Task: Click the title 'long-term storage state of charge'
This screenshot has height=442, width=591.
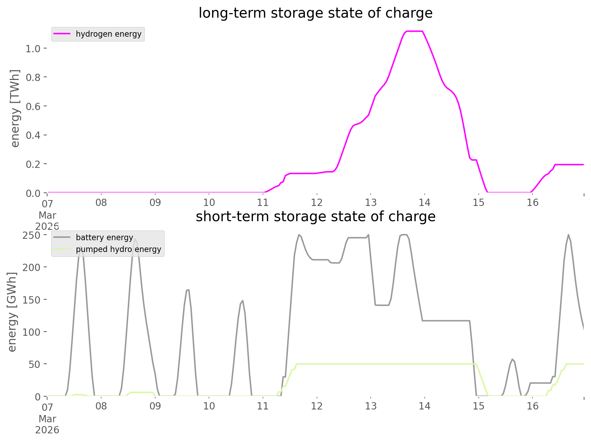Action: tap(315, 13)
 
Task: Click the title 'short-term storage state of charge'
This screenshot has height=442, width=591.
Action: tap(315, 217)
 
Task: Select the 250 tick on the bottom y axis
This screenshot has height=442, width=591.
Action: tap(32, 235)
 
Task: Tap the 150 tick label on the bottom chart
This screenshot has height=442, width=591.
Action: tap(32, 300)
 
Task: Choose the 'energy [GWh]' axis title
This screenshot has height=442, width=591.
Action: tap(12, 312)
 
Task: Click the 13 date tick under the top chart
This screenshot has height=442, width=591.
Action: tap(371, 202)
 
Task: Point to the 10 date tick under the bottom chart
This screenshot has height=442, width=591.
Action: tap(209, 406)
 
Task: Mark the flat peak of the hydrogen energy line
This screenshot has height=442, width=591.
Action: tap(414, 31)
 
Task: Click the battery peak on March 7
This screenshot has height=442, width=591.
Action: tap(80, 247)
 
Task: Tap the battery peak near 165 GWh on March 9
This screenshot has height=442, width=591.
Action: tap(188, 290)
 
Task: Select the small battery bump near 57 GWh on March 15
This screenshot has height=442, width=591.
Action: tap(512, 359)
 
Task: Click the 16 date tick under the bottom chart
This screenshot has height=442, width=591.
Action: tap(533, 406)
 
